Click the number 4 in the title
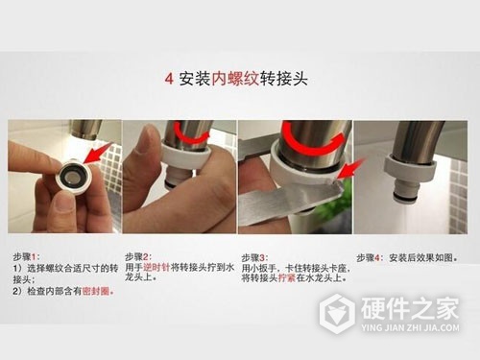(169, 78)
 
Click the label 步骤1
(26, 257)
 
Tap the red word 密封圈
(97, 291)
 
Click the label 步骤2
(140, 257)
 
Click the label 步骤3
(254, 257)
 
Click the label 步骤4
(371, 257)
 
